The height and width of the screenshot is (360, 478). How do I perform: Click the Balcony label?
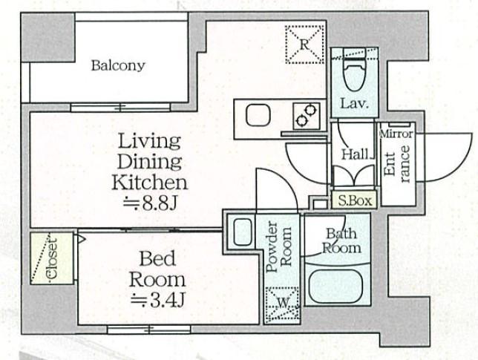(x=118, y=65)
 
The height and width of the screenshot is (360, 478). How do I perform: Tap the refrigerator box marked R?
(x=304, y=45)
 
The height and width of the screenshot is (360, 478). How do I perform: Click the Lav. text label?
(x=355, y=104)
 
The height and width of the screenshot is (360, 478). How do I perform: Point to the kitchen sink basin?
(x=258, y=116)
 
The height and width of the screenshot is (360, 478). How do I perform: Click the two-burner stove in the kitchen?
(x=307, y=116)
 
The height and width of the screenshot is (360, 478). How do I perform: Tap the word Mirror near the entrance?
(x=396, y=134)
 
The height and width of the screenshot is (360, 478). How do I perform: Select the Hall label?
(x=355, y=154)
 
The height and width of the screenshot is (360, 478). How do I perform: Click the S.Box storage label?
(x=355, y=201)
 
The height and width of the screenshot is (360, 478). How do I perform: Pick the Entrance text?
(x=396, y=164)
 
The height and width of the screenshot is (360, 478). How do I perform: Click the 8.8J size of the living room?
(x=150, y=204)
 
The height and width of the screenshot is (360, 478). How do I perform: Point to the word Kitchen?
(x=149, y=183)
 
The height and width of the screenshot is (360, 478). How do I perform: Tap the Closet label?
(x=52, y=258)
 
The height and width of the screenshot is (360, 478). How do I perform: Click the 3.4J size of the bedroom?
(x=157, y=300)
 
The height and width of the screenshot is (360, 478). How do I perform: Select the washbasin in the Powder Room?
(x=243, y=232)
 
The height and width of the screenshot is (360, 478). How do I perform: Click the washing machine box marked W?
(x=282, y=305)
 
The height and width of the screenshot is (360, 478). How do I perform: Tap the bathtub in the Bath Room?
(x=336, y=286)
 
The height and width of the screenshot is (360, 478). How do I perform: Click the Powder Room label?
(x=279, y=246)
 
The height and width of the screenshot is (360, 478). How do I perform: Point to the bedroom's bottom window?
(x=148, y=330)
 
